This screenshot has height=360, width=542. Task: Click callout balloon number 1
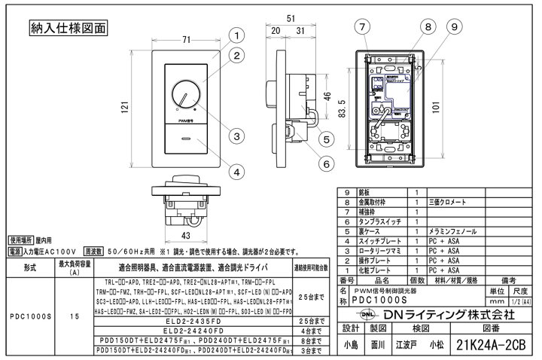click(x=236, y=35)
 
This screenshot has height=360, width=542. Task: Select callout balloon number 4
click(x=236, y=172)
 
